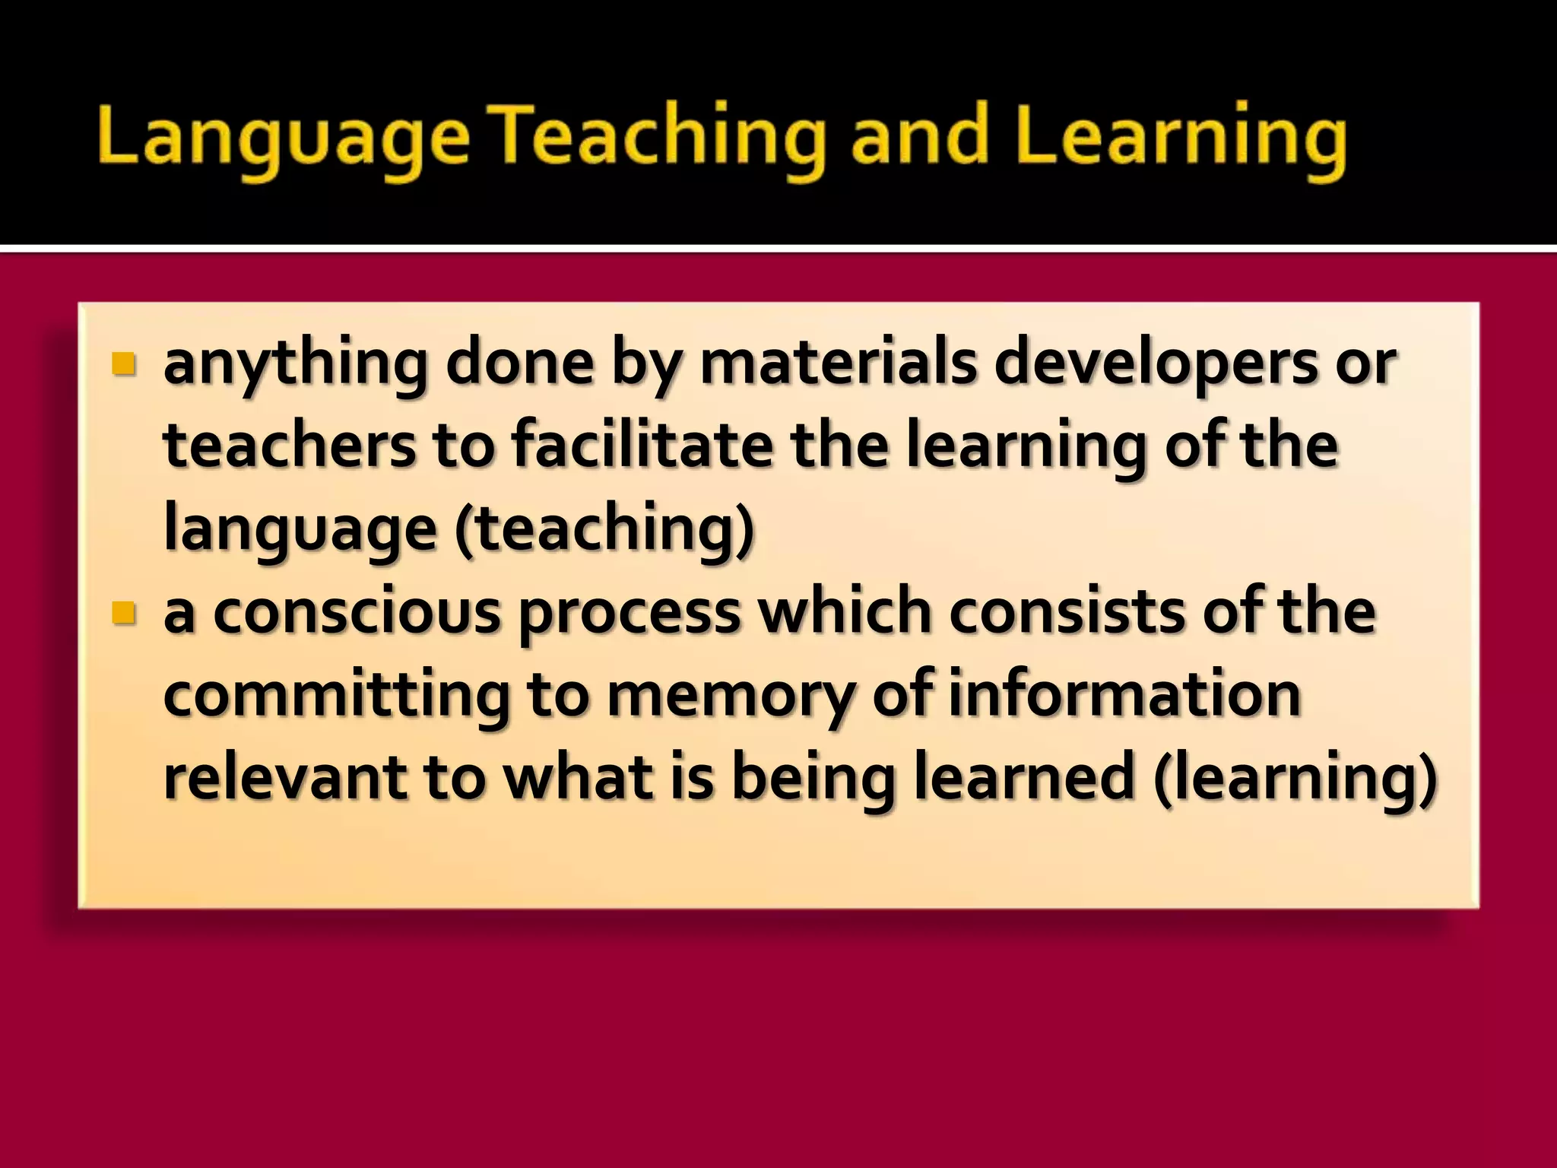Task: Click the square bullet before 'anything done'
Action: point(122,364)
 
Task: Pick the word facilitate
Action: point(642,446)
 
